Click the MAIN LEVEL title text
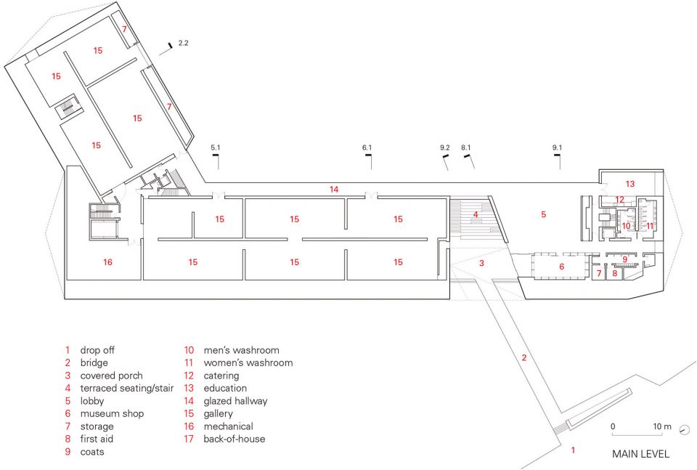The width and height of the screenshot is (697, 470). (640, 454)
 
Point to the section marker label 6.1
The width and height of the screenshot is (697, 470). (367, 147)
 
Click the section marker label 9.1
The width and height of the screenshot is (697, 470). (557, 147)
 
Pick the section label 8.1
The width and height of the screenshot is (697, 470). (466, 147)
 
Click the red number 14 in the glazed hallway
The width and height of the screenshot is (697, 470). (334, 190)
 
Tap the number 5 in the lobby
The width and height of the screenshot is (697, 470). (543, 214)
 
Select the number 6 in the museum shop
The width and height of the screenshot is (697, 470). (561, 267)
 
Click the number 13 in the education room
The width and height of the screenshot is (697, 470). (630, 184)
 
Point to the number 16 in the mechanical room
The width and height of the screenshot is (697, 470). (107, 262)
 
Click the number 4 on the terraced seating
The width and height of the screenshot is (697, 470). (475, 214)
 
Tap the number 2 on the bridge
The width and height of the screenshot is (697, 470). (524, 357)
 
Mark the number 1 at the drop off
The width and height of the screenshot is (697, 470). (573, 450)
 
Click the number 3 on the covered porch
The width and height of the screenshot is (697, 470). (481, 263)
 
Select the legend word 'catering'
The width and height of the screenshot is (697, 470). (221, 376)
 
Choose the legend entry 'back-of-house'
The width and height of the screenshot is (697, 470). (235, 439)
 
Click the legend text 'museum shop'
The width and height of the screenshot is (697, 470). (112, 414)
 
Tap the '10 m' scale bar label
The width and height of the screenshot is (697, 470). (662, 426)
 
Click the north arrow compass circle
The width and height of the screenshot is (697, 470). (685, 429)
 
